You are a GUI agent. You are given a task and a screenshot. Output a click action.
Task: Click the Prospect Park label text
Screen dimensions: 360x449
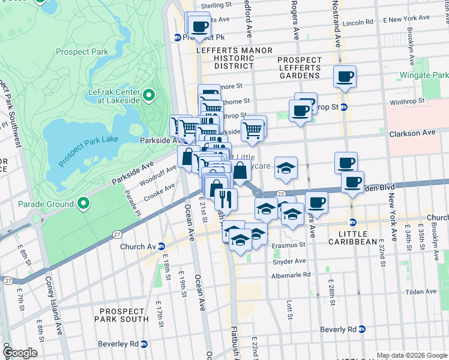[82, 52]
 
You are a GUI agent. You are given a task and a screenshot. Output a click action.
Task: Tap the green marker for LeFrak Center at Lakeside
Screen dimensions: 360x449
[148, 95]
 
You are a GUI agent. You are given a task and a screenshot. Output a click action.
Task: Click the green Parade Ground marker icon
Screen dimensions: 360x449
[82, 204]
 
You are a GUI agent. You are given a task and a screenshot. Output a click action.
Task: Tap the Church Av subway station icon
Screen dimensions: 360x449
[160, 247]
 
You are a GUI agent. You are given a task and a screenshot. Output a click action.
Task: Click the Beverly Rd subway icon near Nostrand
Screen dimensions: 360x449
[362, 329]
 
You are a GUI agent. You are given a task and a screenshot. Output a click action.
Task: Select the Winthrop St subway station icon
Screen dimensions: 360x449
[344, 107]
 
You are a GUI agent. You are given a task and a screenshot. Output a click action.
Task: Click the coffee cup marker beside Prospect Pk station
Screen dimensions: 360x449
[200, 26]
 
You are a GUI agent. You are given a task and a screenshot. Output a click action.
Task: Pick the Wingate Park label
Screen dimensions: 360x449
[423, 76]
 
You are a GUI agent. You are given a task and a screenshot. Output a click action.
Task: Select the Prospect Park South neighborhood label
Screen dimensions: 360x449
[124, 315]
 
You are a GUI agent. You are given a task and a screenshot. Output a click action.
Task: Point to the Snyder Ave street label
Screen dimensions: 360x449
[289, 261]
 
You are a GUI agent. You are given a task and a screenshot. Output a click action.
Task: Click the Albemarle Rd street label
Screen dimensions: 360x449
[291, 274]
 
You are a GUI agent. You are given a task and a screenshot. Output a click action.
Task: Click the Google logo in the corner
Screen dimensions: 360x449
[20, 352]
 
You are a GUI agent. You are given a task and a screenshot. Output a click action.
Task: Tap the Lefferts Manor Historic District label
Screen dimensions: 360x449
[235, 58]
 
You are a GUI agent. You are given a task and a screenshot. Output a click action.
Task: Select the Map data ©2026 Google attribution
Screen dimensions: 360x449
[411, 356]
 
